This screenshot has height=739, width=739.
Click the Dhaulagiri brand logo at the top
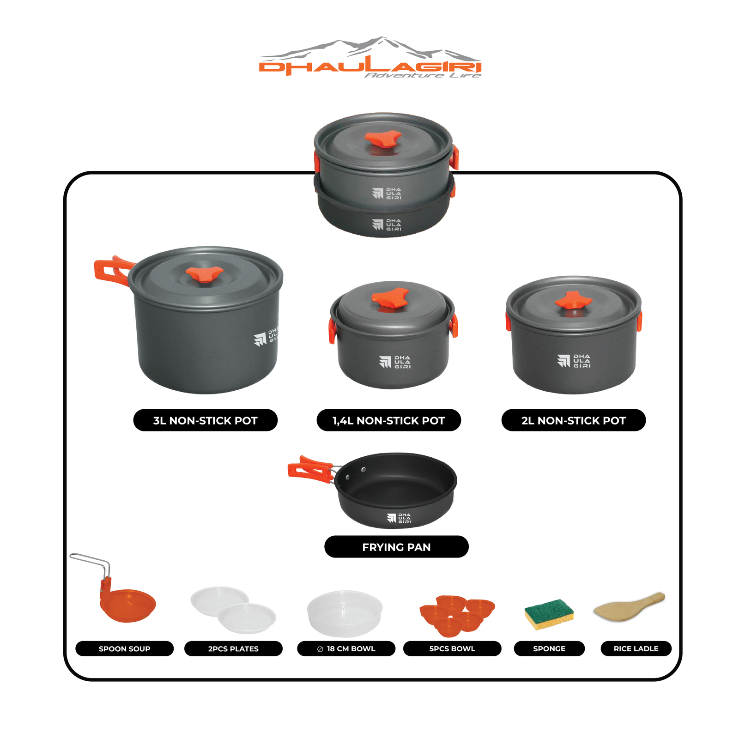coord(370,57)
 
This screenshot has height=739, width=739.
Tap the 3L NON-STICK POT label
coord(205,420)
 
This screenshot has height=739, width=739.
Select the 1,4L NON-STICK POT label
coord(388,420)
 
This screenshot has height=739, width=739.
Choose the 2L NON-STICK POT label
coord(573,420)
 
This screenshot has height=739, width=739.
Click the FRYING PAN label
coord(396,547)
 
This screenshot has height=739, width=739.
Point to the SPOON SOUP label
coord(124,648)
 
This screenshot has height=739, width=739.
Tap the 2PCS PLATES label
coord(233,648)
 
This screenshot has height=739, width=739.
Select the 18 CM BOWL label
coord(346,648)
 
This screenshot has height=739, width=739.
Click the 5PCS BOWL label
coord(452,648)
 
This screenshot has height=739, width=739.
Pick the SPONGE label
coord(549,648)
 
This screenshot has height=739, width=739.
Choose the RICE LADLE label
coord(636,648)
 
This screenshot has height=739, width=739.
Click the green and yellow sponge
coord(549,614)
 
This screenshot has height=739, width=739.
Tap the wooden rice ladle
coord(629,606)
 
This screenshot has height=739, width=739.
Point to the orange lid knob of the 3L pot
coord(204,274)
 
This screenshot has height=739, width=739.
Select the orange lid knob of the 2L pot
coord(573,300)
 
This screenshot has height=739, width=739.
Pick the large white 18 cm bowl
coord(345,613)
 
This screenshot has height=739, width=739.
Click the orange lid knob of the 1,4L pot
coord(390,298)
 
